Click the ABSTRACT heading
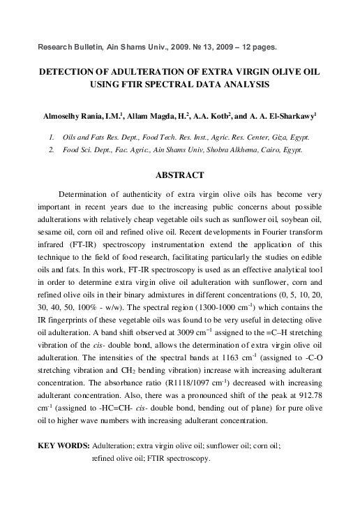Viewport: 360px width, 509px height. coord(179,175)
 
